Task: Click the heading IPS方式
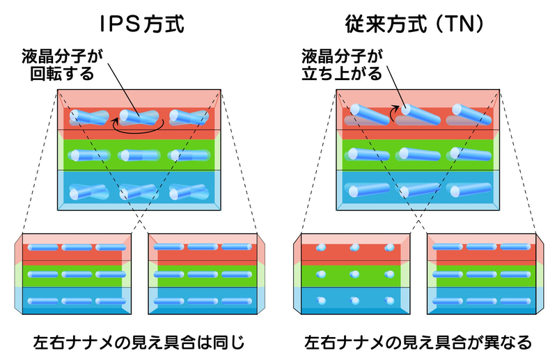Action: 139,25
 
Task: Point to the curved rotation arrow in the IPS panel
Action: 139,126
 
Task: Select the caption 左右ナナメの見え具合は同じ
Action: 139,343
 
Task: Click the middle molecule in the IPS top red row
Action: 139,118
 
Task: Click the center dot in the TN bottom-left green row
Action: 354,274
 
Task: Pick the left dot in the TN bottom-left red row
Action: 320,248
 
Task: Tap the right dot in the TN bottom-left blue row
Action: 387,300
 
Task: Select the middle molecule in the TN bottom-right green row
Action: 484,274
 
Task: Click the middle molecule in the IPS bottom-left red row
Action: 74,248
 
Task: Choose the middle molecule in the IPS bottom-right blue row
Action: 205,300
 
